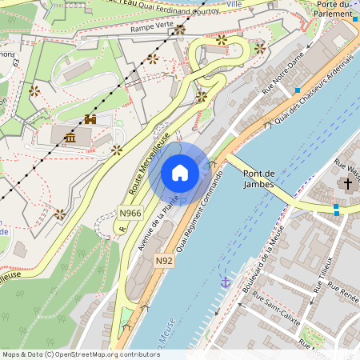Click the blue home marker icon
tap(180, 173)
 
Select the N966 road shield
tap(130, 213)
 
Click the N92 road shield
tap(164, 261)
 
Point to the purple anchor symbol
tap(225, 282)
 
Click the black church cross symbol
tap(346, 184)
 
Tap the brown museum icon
tap(70, 138)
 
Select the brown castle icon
tap(90, 119)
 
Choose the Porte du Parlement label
tap(334, 8)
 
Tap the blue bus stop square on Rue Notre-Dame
tap(297, 90)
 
